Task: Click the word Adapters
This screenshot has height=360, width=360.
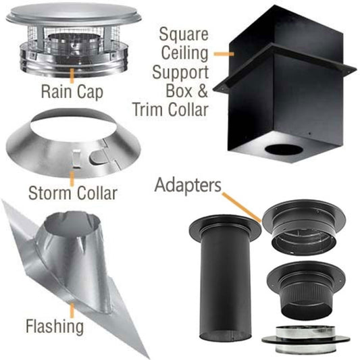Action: pos(186,184)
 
